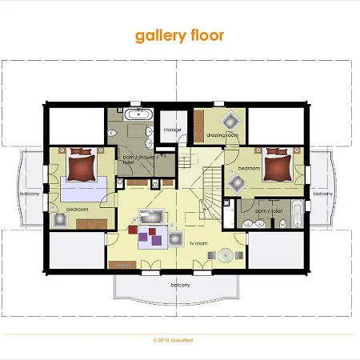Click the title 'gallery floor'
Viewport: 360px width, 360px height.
point(179,35)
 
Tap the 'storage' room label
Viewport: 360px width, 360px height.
point(172,129)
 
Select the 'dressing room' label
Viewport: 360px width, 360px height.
point(222,135)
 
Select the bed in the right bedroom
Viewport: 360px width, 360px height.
point(276,166)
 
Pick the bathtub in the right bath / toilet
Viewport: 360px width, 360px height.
point(296,214)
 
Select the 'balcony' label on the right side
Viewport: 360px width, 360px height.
point(322,194)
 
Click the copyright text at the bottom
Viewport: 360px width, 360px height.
point(179,338)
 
